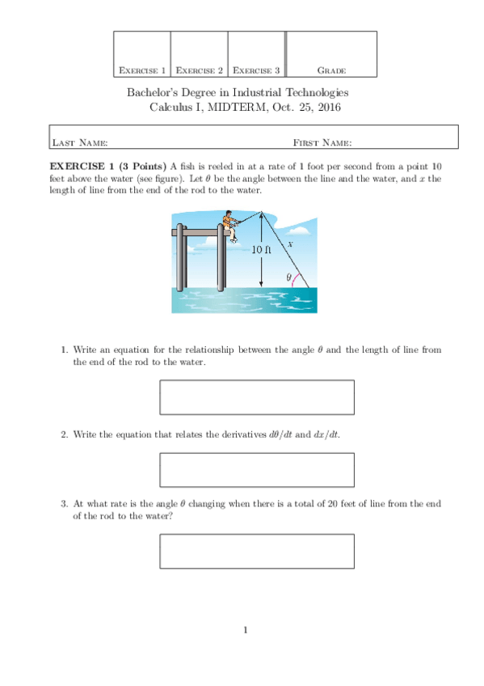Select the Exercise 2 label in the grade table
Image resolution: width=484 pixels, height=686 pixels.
coord(200,70)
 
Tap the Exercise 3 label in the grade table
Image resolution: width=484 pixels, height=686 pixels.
coord(256,70)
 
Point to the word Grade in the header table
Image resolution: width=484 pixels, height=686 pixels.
coord(331,70)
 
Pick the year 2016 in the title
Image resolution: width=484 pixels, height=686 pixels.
coord(330,107)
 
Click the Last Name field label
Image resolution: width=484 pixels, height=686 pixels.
coord(80,142)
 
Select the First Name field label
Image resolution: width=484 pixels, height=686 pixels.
coord(322,142)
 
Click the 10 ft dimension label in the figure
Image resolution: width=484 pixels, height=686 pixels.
coord(261,249)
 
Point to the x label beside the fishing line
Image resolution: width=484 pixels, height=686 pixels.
coord(290,244)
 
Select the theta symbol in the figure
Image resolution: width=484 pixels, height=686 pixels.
coord(288,277)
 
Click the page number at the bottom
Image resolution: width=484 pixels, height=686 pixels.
coord(246,630)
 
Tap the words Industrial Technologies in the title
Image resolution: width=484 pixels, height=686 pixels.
coord(291,93)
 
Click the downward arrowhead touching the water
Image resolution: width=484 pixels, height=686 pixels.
coord(261,284)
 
